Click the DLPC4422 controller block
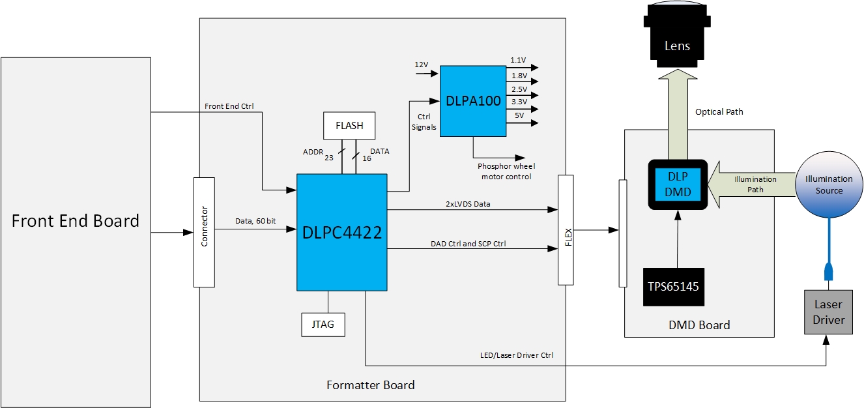tap(342, 232)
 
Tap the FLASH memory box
tap(350, 125)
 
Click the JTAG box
tap(323, 325)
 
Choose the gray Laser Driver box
tap(828, 313)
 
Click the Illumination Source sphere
tap(829, 184)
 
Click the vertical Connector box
tap(204, 232)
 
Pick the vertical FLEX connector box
tap(566, 229)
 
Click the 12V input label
tap(422, 65)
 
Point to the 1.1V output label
tap(518, 60)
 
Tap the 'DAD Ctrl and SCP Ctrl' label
tap(468, 243)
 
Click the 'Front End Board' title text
tap(76, 221)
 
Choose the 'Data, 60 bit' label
tap(255, 221)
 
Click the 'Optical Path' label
tap(719, 111)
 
